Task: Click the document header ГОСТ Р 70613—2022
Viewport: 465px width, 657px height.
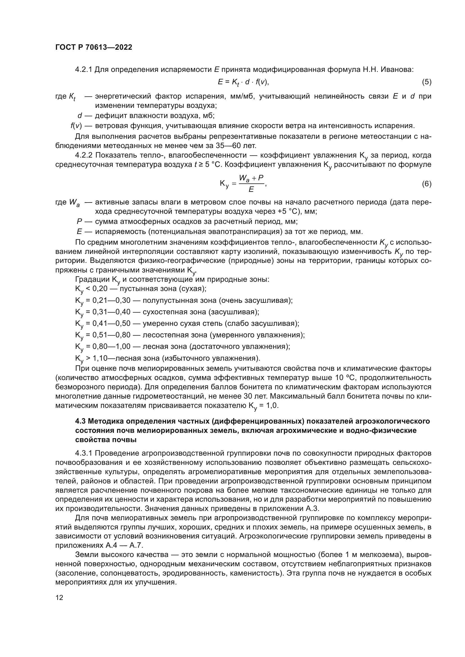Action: (94, 47)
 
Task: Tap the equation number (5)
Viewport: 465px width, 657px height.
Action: (426, 82)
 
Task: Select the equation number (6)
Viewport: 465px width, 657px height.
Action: (426, 184)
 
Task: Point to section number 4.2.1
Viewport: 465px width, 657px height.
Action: (83, 70)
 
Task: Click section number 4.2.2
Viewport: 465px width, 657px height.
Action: (83, 155)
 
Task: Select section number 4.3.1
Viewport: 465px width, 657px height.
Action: (83, 453)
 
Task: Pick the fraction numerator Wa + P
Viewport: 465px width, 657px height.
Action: (251, 178)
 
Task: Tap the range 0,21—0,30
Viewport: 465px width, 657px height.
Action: (112, 301)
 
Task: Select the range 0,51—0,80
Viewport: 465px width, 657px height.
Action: (112, 335)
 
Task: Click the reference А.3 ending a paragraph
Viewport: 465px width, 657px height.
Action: (313, 509)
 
